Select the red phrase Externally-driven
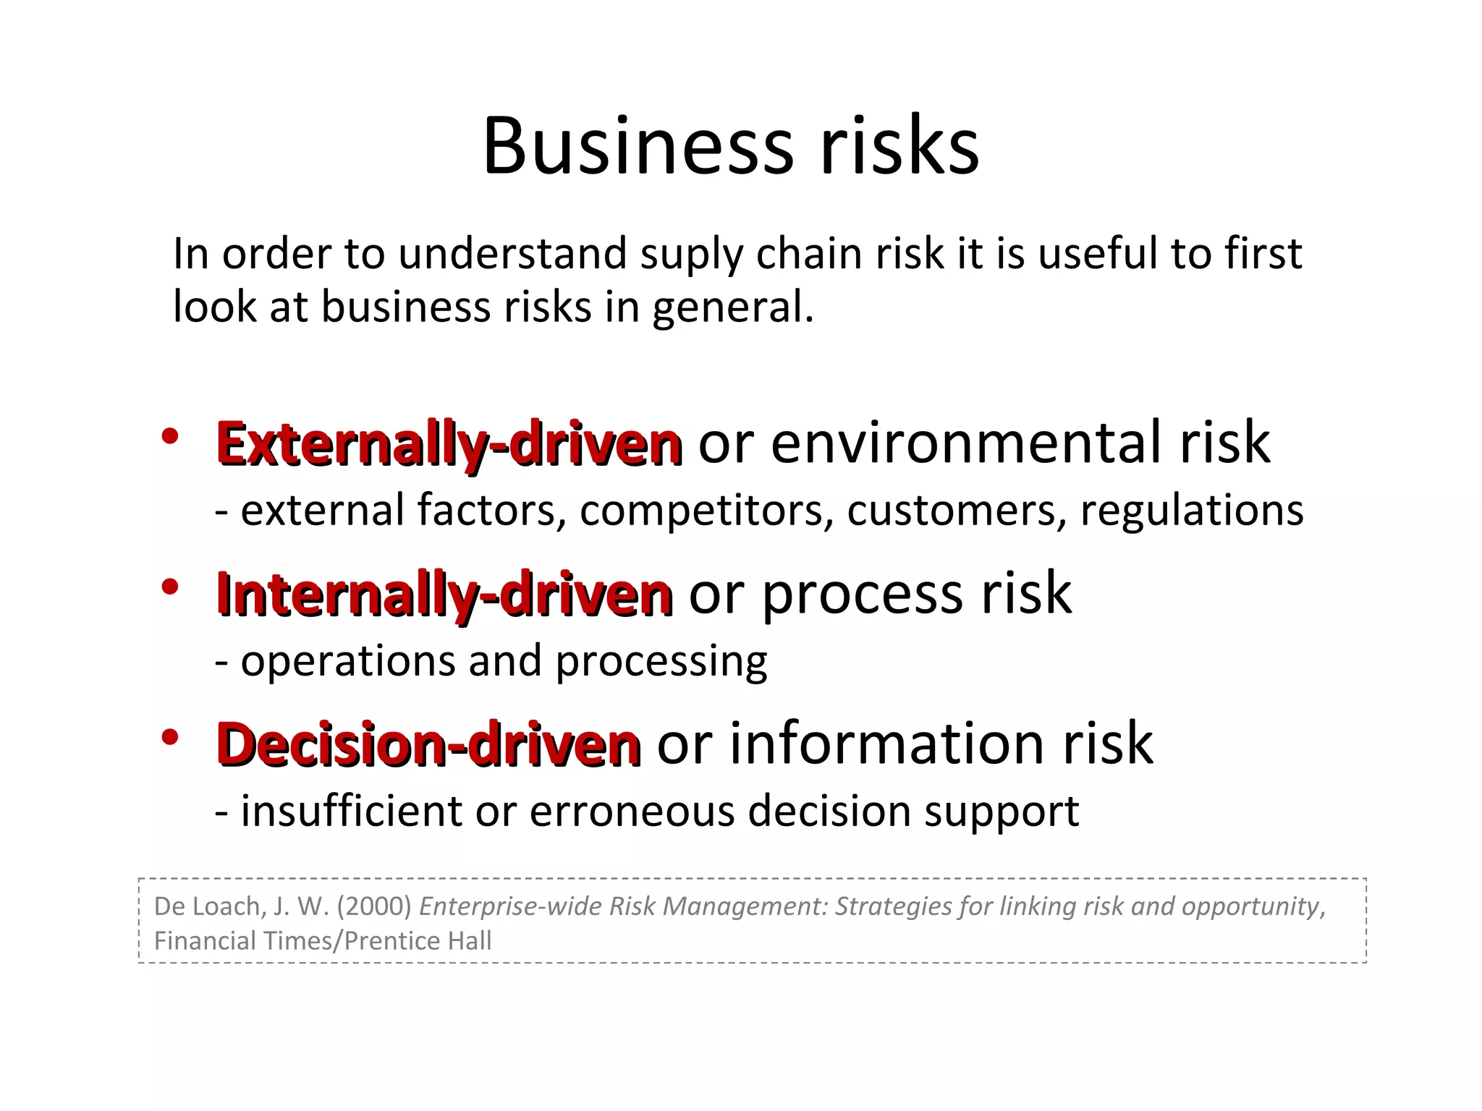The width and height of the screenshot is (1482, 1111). [x=449, y=443]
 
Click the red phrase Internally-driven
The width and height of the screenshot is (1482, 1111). [x=444, y=595]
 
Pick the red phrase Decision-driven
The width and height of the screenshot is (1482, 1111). [x=428, y=744]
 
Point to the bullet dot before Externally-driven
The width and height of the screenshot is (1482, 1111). [x=170, y=437]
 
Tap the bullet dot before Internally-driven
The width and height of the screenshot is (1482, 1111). [x=170, y=587]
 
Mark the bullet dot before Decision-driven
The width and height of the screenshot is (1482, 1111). [x=170, y=738]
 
